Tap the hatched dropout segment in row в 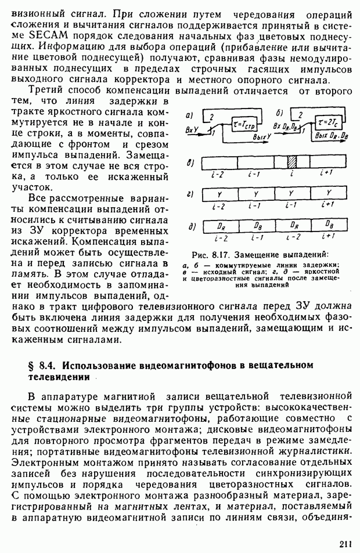click(293, 162)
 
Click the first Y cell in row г click(219, 193)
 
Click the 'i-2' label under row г click(218, 205)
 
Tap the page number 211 click(345, 543)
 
